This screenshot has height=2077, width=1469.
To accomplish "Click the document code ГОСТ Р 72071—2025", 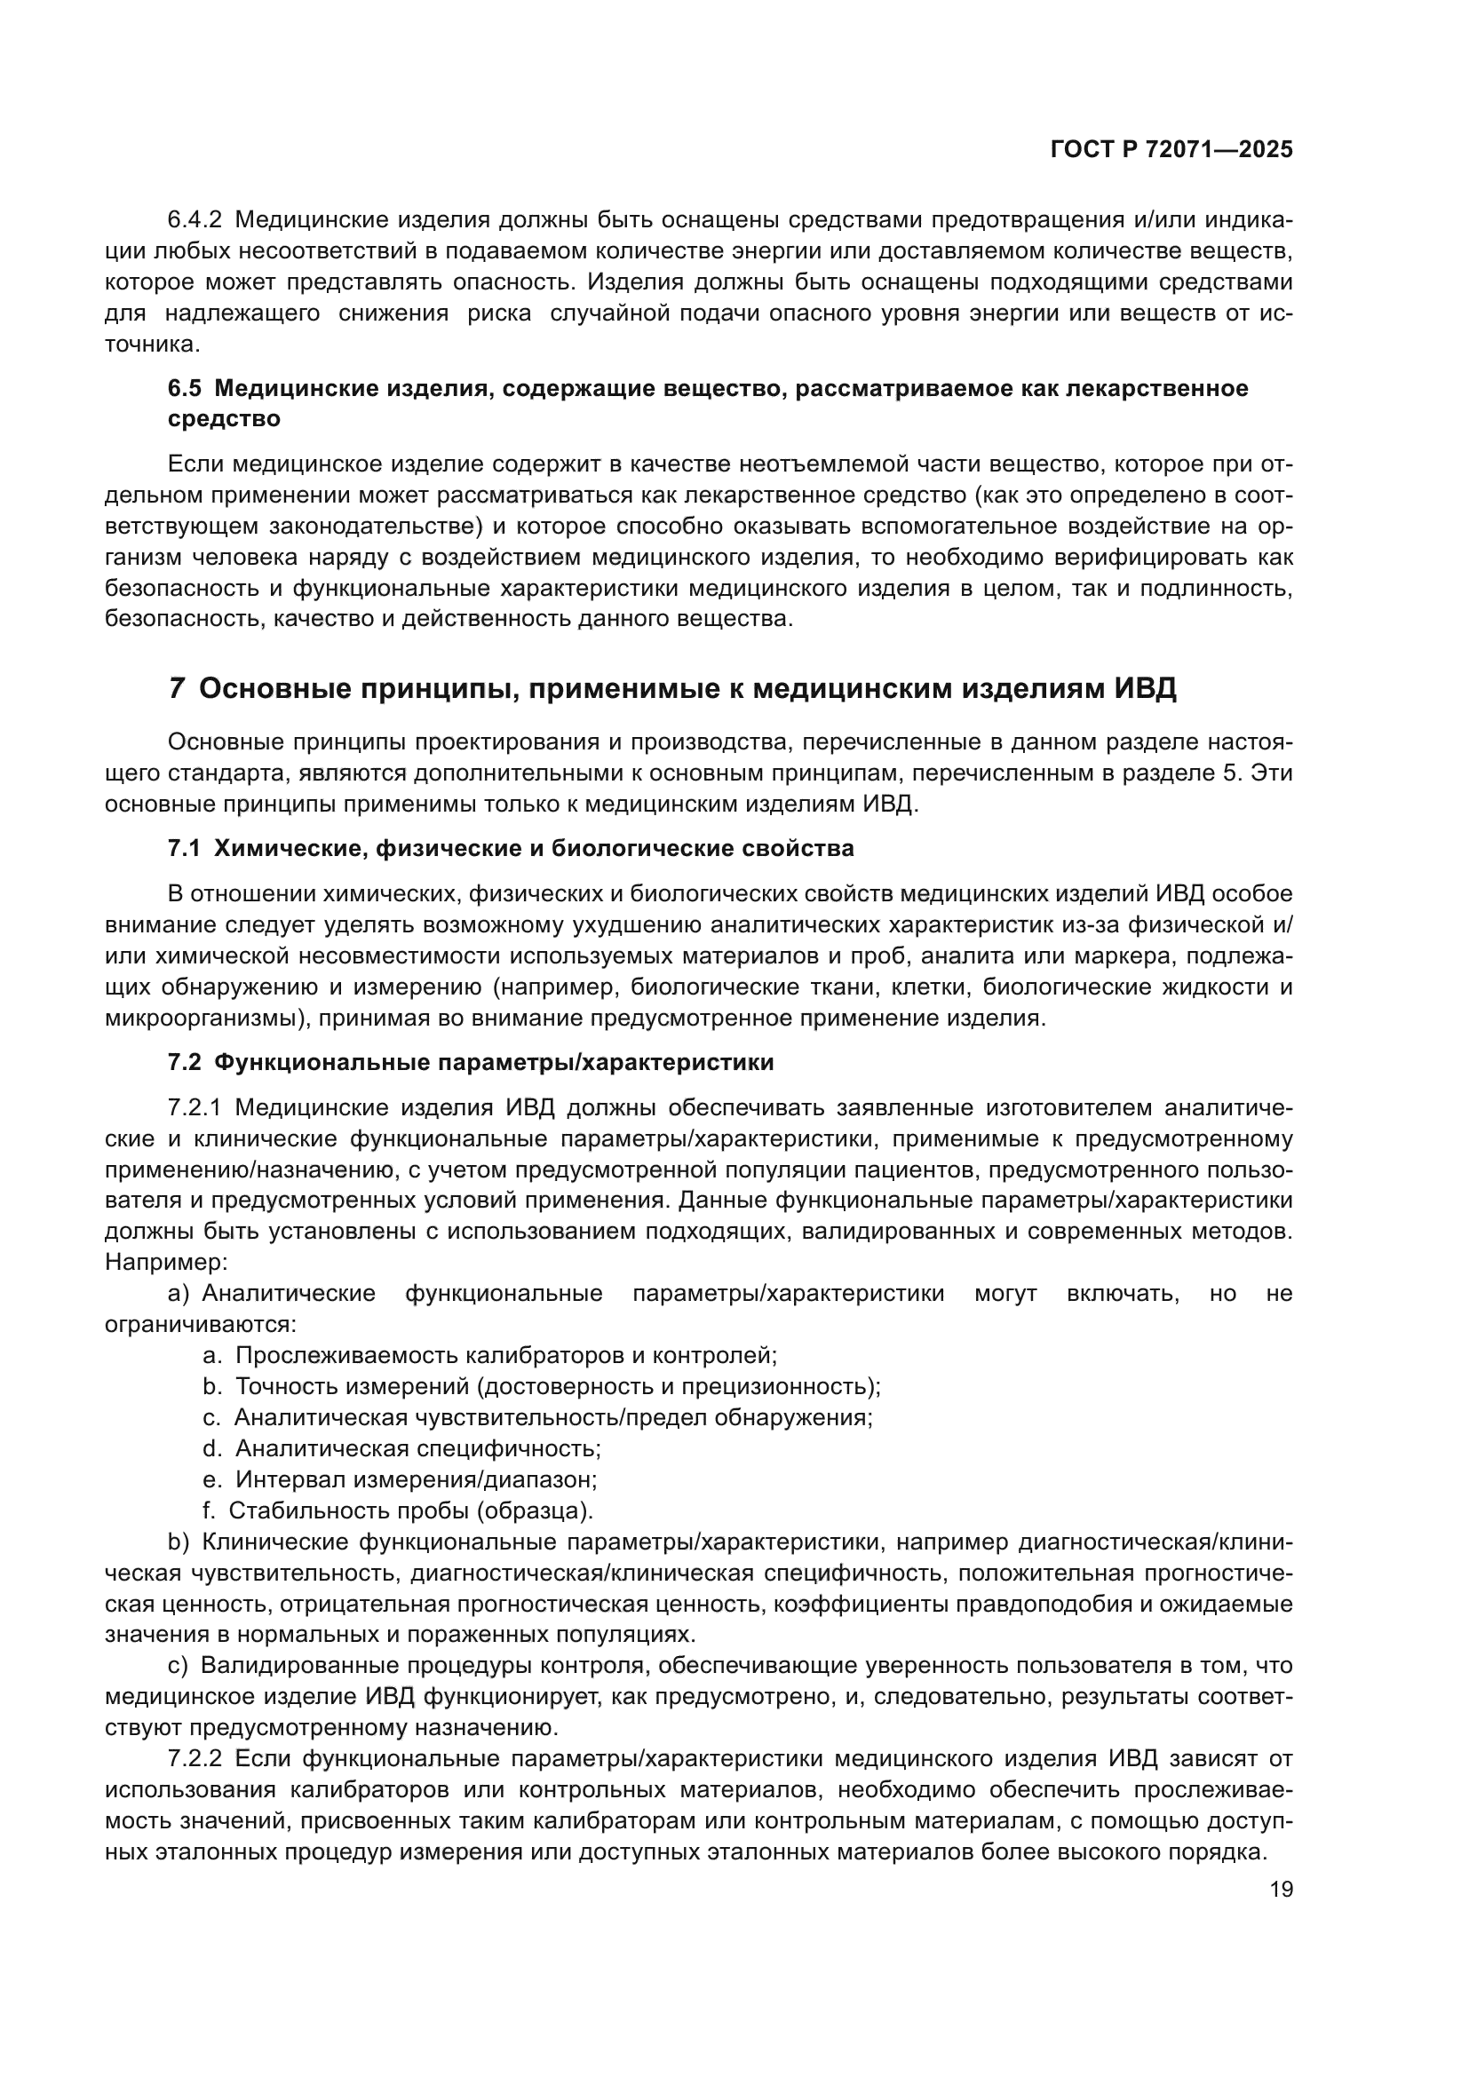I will [1171, 150].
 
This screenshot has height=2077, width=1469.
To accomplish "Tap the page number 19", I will [1281, 1890].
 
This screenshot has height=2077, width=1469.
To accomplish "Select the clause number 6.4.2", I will [195, 220].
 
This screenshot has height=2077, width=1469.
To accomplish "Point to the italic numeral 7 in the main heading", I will [177, 689].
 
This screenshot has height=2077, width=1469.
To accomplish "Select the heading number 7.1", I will [184, 849].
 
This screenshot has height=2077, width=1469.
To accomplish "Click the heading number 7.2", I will [184, 1062].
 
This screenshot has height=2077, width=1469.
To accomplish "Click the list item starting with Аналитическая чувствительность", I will [537, 1416].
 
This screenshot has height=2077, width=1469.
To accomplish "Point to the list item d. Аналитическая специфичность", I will [401, 1448].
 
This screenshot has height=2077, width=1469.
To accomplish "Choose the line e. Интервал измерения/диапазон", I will [400, 1479].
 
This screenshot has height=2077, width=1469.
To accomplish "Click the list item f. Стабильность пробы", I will [398, 1510].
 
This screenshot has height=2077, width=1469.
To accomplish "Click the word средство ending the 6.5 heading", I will [224, 419].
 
